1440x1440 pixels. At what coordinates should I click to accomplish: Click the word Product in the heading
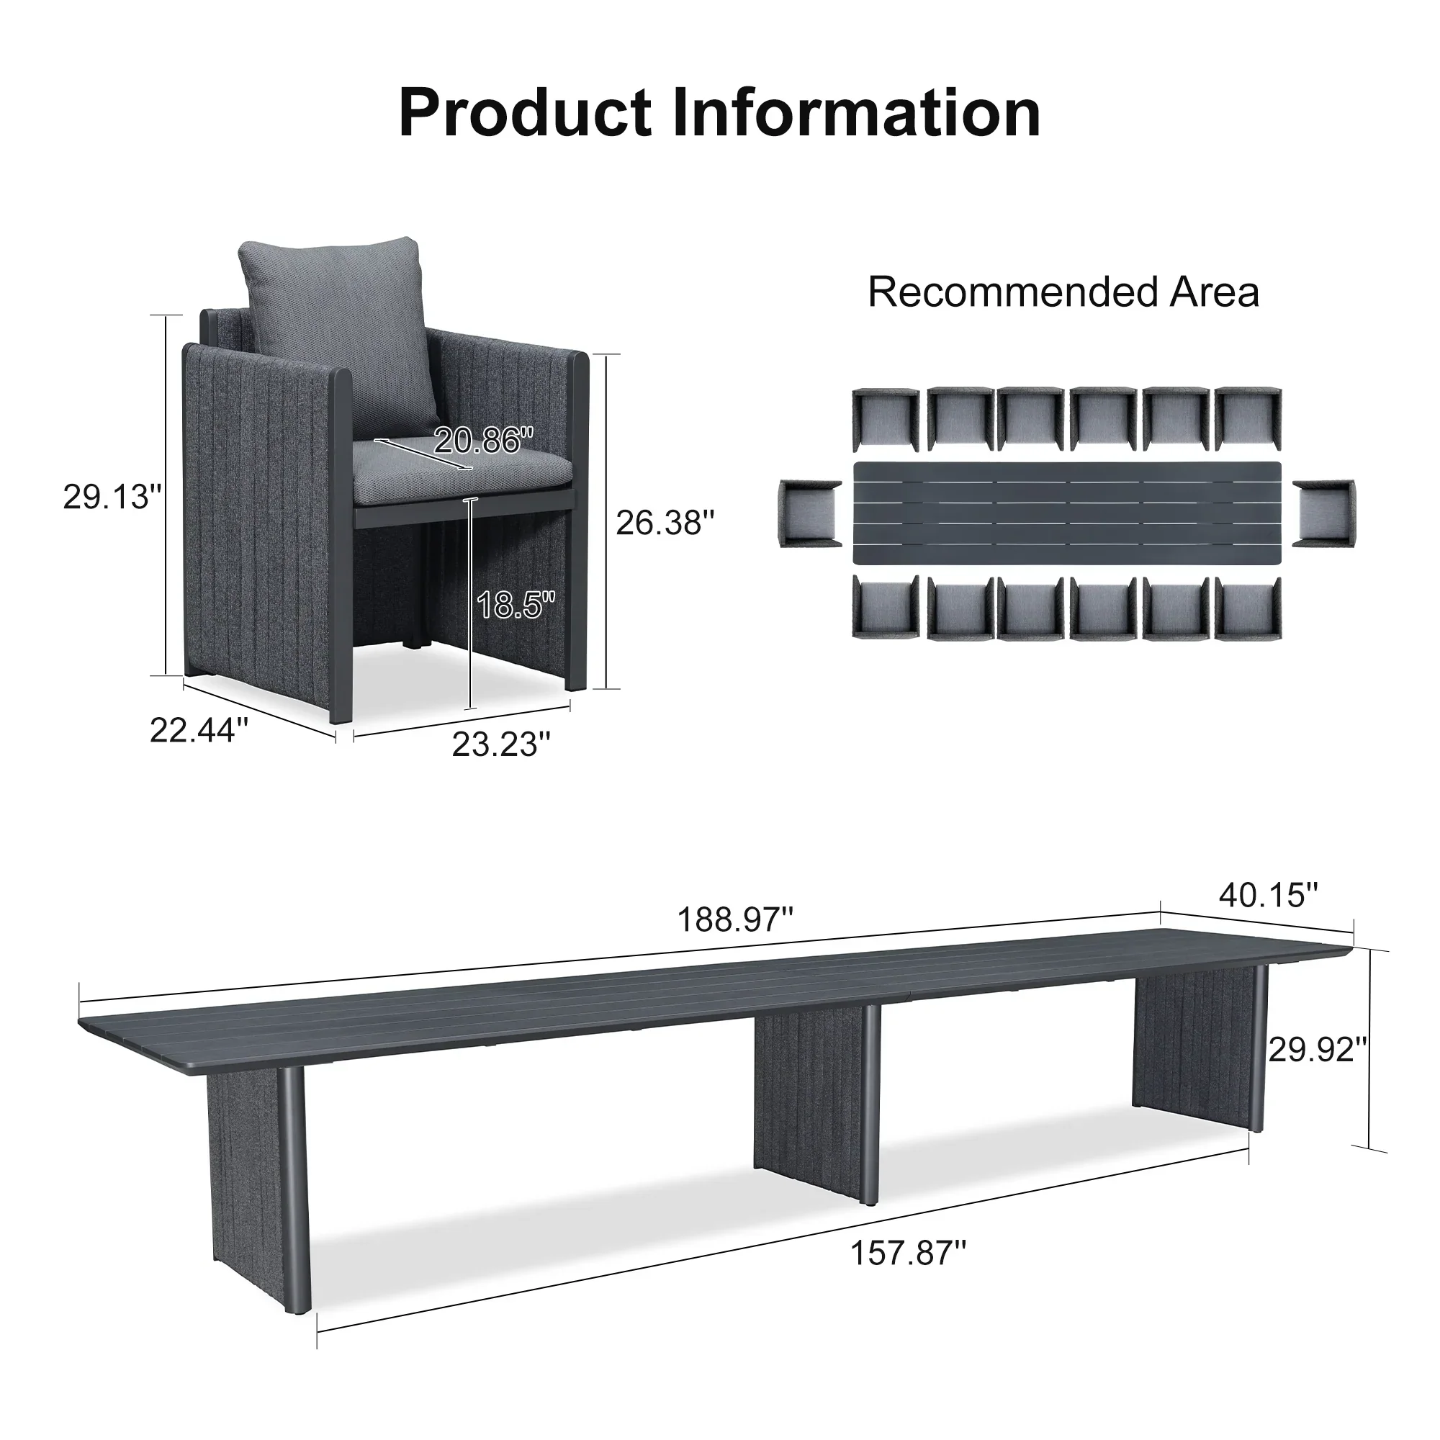pyautogui.click(x=526, y=113)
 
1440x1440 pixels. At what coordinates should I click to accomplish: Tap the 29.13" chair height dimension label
pyautogui.click(x=112, y=496)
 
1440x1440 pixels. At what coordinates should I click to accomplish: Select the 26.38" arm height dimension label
pyautogui.click(x=665, y=523)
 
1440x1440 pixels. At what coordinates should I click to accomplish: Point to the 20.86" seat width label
pyautogui.click(x=484, y=441)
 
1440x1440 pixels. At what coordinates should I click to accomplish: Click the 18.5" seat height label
pyautogui.click(x=516, y=604)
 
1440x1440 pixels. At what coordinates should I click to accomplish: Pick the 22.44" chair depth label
pyautogui.click(x=199, y=730)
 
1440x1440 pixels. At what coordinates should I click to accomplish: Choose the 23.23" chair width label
pyautogui.click(x=501, y=744)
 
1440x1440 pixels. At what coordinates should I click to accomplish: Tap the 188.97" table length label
pyautogui.click(x=735, y=919)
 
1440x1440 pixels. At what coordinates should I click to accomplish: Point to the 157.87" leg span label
pyautogui.click(x=908, y=1253)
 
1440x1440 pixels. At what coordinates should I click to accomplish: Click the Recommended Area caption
pyautogui.click(x=1063, y=292)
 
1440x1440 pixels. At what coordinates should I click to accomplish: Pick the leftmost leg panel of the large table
pyautogui.click(x=246, y=1192)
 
